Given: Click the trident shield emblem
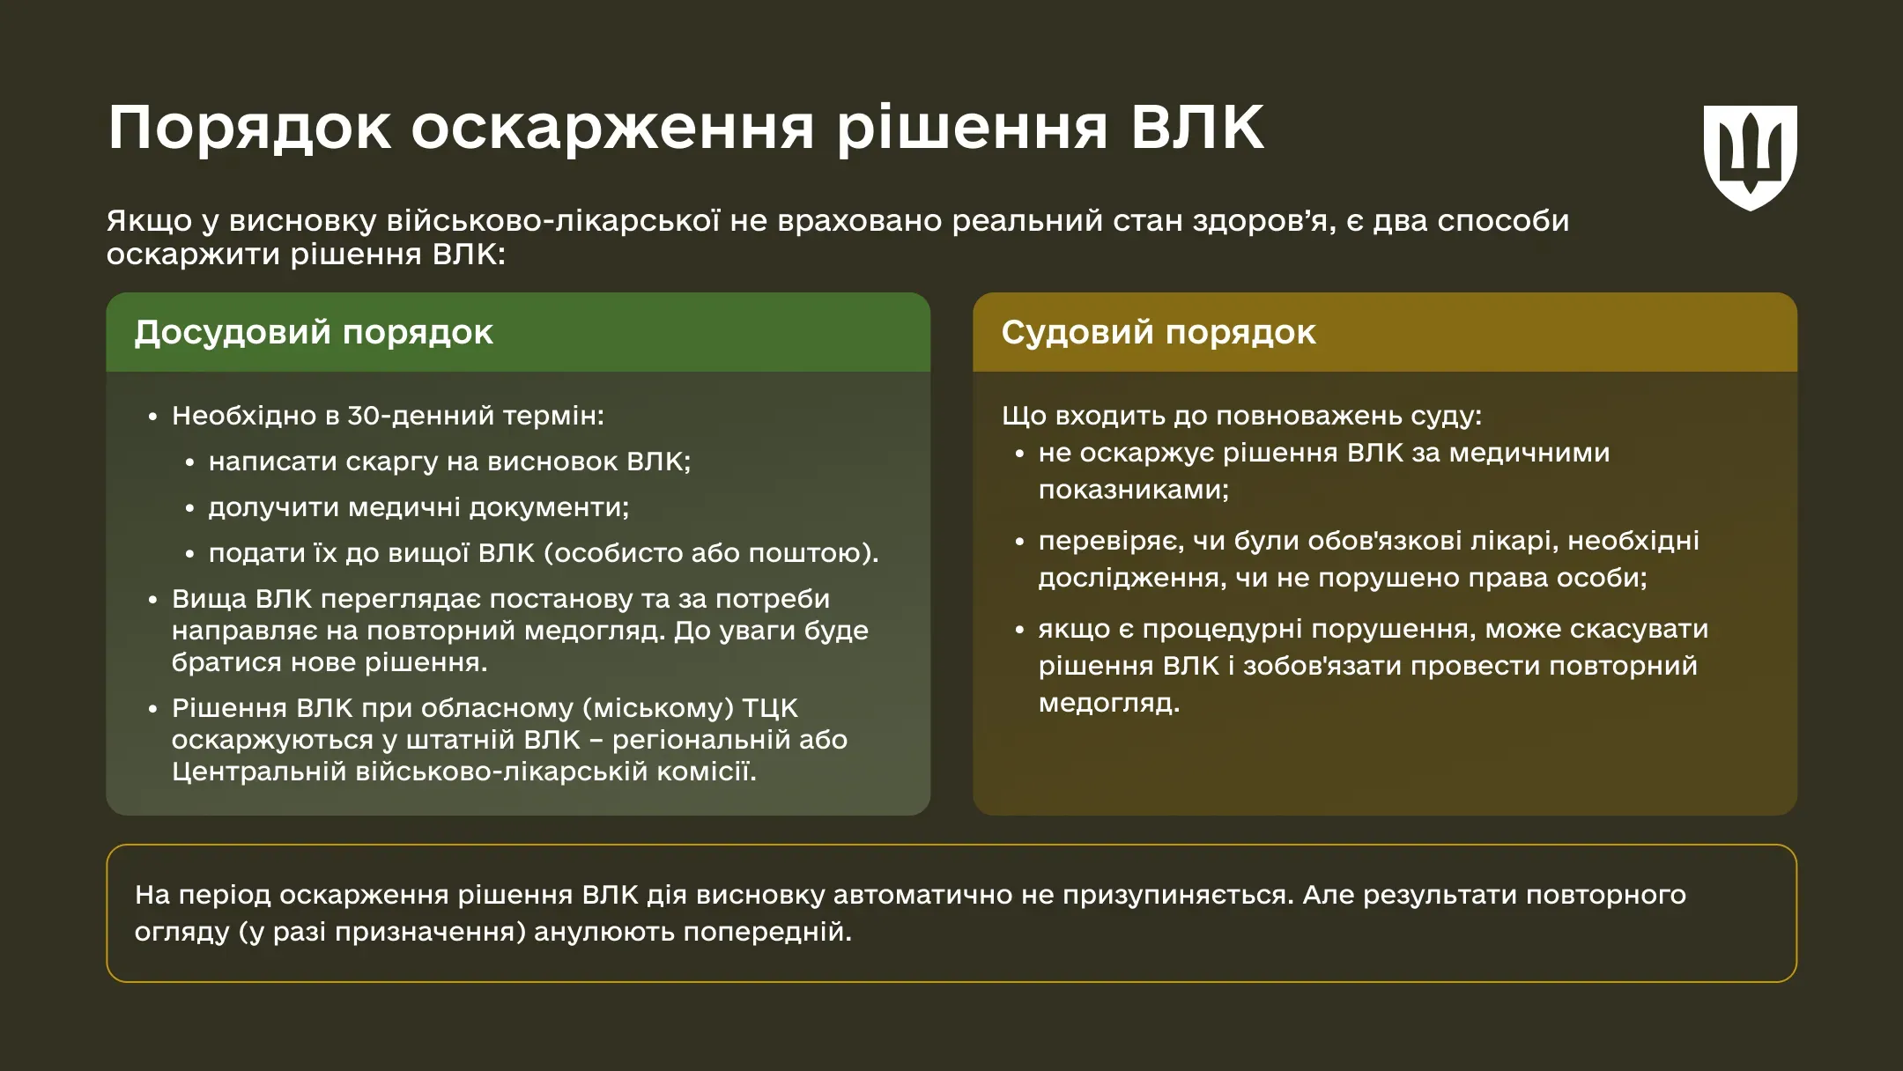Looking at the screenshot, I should click(1750, 157).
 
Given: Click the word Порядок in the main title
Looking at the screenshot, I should click(249, 129).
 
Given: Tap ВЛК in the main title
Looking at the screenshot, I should click(1197, 129).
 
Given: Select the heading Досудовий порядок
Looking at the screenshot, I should click(313, 333).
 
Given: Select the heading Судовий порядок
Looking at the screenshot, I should click(1158, 333).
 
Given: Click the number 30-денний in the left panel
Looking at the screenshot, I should click(419, 416).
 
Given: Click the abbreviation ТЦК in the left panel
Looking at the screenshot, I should click(769, 708).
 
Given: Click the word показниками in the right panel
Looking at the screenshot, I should click(1132, 490).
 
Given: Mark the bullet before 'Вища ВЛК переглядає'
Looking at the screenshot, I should click(153, 601).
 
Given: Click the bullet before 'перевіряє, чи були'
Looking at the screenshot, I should click(1019, 543).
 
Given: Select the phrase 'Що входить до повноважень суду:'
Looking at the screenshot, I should click(1241, 416).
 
